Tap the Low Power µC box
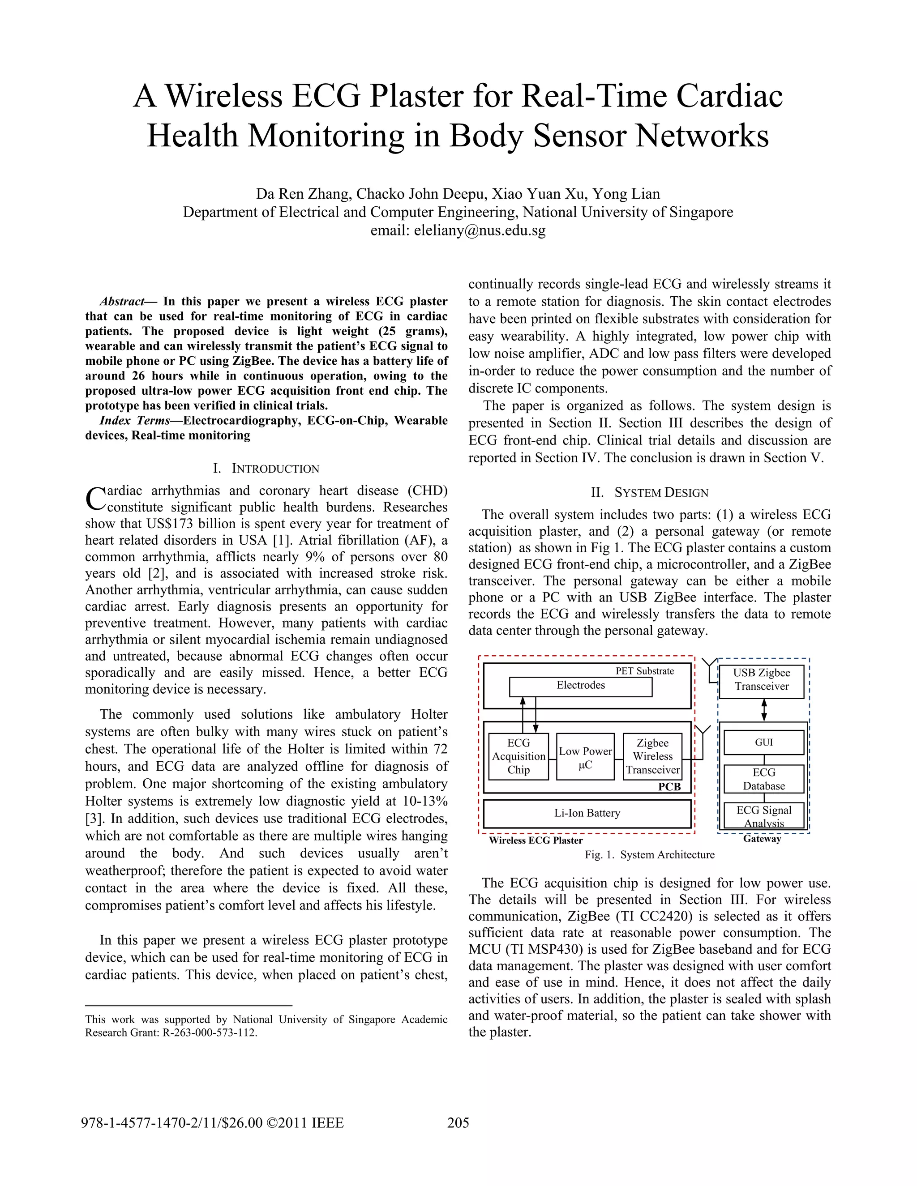585,757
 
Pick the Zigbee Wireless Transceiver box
652,756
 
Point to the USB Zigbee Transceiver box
761,680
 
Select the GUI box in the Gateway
763,742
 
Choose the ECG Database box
763,779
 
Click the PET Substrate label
644,671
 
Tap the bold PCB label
669,787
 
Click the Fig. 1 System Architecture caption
649,855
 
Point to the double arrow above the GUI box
764,710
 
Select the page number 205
458,1122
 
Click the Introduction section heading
266,469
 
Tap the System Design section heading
650,493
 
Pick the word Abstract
122,301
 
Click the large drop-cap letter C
96,499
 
